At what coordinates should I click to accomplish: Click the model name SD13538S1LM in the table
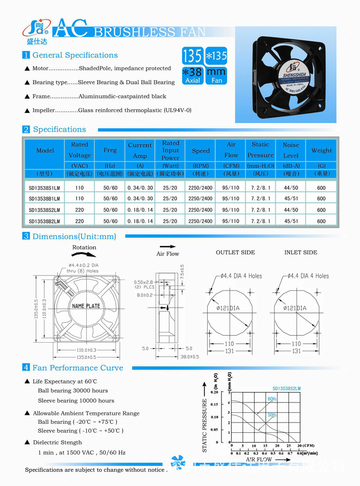pyautogui.click(x=44, y=187)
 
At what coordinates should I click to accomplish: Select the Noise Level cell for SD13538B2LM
pyautogui.click(x=291, y=221)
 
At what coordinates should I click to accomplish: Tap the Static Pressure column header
pyautogui.click(x=260, y=150)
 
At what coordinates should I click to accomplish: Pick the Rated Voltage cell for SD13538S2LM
pyautogui.click(x=79, y=210)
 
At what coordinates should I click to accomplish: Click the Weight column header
pyautogui.click(x=322, y=150)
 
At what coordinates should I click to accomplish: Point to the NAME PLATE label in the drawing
pyautogui.click(x=86, y=306)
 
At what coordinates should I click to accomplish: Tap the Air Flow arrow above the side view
pyautogui.click(x=168, y=247)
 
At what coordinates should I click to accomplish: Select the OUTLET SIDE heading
pyautogui.click(x=235, y=252)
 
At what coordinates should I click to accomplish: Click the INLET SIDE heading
pyautogui.click(x=301, y=252)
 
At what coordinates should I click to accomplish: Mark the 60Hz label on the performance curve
pyautogui.click(x=272, y=399)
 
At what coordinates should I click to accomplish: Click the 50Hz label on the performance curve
pyautogui.click(x=272, y=415)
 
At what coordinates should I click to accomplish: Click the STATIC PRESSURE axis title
pyautogui.click(x=205, y=425)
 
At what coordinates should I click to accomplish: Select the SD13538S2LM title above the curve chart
pyautogui.click(x=286, y=388)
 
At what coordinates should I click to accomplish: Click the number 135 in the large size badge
pyautogui.click(x=192, y=56)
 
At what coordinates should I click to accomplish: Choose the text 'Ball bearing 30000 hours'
pyautogui.click(x=73, y=391)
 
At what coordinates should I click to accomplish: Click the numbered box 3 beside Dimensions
pyautogui.click(x=26, y=236)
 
